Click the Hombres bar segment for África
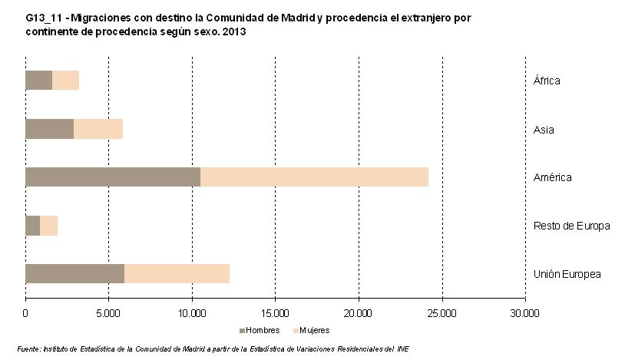pyautogui.click(x=38, y=81)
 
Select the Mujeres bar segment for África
pyautogui.click(x=65, y=81)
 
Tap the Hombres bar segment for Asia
pyautogui.click(x=49, y=129)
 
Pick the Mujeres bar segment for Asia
pyautogui.click(x=98, y=129)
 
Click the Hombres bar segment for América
pyautogui.click(x=113, y=177)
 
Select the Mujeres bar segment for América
pyautogui.click(x=314, y=177)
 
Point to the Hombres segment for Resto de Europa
pyautogui.click(x=32, y=226)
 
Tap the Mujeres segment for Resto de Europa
pyautogui.click(x=48, y=226)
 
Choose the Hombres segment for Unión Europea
pyautogui.click(x=74, y=274)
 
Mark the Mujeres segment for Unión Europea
pyautogui.click(x=177, y=274)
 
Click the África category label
pyautogui.click(x=547, y=81)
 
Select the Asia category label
pyautogui.click(x=544, y=130)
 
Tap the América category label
pyautogui.click(x=552, y=178)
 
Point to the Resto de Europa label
pyautogui.click(x=571, y=226)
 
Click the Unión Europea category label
pyautogui.click(x=567, y=275)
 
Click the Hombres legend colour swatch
pyautogui.click(x=242, y=330)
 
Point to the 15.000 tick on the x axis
pyautogui.click(x=275, y=313)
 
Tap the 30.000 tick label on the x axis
pyautogui.click(x=525, y=313)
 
